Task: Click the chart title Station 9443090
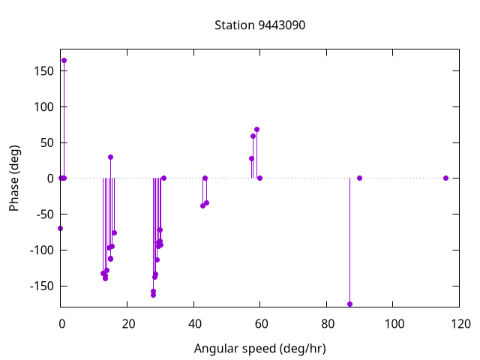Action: coord(259,25)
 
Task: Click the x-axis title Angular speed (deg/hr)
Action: coord(259,349)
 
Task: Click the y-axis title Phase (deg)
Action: coord(14,178)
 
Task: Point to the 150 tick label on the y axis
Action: coord(43,70)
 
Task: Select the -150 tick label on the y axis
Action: coord(41,286)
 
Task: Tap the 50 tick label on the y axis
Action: coord(46,142)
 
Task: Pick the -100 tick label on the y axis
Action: coord(41,250)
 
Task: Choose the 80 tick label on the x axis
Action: coord(327,324)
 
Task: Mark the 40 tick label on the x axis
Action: coord(194,324)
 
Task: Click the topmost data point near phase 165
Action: coord(64,60)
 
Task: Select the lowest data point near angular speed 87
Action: coord(349,304)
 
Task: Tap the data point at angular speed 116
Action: coord(445,178)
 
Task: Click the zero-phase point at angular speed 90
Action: coord(360,178)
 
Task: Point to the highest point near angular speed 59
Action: coord(256,129)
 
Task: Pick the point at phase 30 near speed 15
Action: coord(110,157)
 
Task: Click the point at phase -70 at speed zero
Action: coord(60,228)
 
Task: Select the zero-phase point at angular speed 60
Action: coord(259,178)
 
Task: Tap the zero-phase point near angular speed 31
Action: coord(163,178)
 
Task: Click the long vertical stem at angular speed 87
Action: coord(349,240)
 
